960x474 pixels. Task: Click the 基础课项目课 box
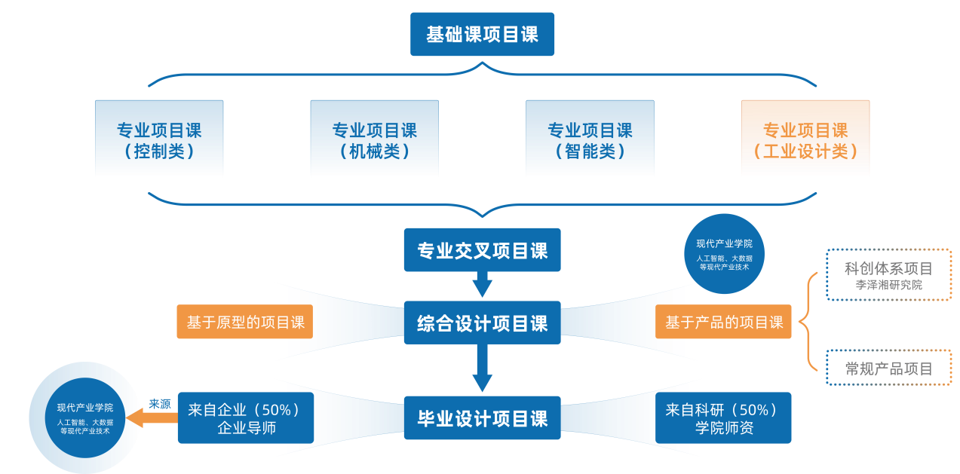click(482, 35)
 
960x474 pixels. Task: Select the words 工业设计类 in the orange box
click(805, 151)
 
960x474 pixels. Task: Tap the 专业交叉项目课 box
click(482, 250)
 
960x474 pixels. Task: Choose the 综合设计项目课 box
click(482, 323)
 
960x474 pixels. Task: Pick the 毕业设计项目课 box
click(482, 418)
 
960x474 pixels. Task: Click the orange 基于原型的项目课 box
click(245, 323)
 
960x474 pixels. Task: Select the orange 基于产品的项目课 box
click(723, 323)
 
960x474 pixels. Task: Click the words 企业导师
click(246, 428)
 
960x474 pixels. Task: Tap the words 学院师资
click(723, 428)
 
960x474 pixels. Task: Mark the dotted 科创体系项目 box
click(888, 275)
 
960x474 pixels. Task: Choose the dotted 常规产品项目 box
click(888, 368)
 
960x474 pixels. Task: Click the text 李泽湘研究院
click(888, 286)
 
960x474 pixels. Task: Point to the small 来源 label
click(160, 404)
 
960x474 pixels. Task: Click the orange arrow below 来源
click(150, 418)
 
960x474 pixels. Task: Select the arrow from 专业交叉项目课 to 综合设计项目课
click(482, 286)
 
